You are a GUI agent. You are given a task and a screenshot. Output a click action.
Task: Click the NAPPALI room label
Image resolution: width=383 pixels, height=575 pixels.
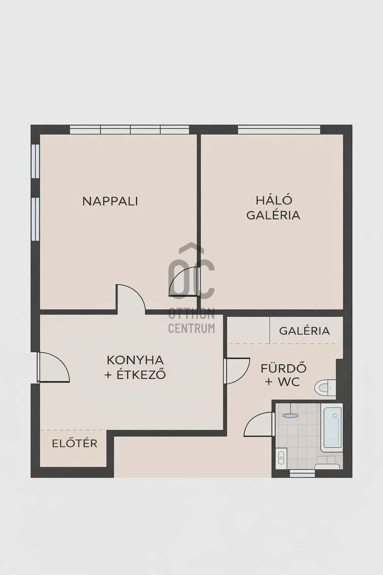[x=110, y=201]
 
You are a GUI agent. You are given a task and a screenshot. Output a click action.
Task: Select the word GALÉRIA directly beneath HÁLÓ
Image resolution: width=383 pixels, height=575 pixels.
[x=273, y=215]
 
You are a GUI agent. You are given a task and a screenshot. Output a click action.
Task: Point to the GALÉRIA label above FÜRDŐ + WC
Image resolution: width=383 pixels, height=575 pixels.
[x=304, y=331]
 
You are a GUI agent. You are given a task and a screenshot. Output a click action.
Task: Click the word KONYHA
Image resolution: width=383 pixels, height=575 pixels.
[x=135, y=360]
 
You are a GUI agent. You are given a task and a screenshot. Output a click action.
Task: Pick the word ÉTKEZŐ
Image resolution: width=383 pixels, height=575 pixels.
[x=141, y=375]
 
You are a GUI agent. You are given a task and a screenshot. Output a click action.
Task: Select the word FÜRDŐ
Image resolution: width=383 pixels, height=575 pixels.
[x=284, y=368]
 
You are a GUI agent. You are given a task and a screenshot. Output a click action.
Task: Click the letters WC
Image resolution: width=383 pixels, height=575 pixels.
[x=289, y=382]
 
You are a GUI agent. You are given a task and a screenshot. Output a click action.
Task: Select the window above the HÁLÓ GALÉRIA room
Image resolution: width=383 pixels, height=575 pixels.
[x=279, y=130]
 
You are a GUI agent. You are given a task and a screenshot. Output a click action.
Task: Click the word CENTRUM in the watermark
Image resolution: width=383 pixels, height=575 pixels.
[x=191, y=328]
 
